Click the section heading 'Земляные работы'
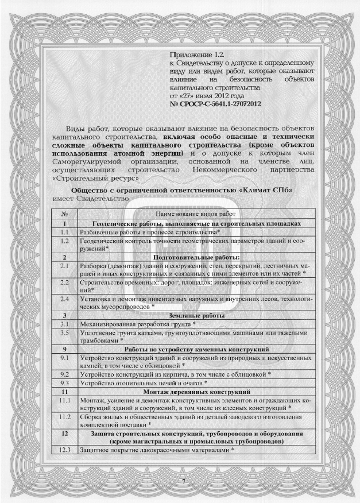click(x=196, y=315)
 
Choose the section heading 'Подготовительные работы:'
click(x=196, y=257)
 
